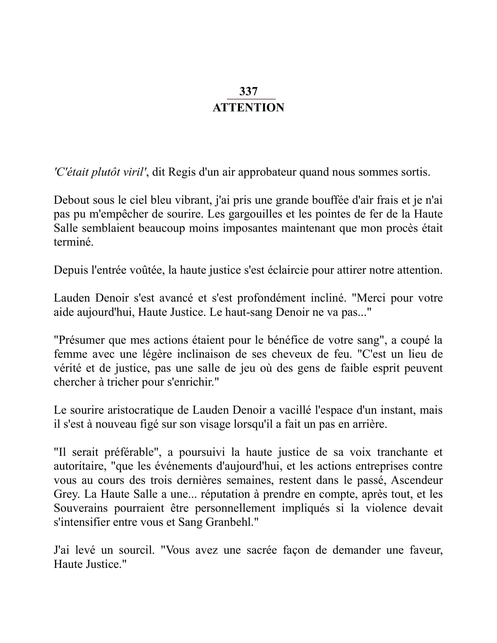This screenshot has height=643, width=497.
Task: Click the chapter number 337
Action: [248, 91]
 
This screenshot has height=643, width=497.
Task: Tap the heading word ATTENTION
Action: [248, 108]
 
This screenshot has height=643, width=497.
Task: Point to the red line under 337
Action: [251, 99]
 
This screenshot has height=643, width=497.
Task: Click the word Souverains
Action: [81, 508]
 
